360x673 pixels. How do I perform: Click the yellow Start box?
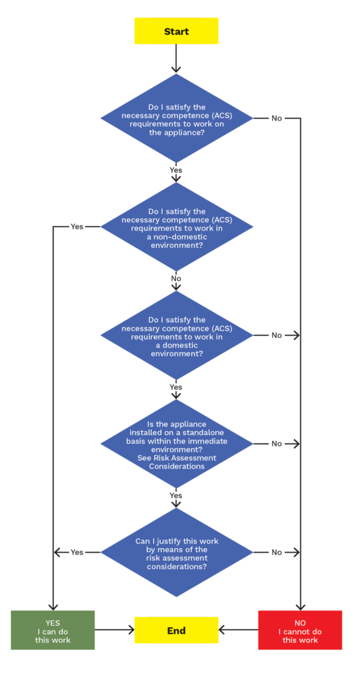tap(176, 32)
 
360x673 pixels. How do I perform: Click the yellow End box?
tap(176, 630)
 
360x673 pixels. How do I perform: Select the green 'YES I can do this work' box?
tap(53, 630)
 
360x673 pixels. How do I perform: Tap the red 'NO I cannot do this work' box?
tap(300, 630)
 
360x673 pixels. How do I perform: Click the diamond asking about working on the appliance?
tap(176, 118)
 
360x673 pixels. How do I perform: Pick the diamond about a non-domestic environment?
tap(176, 227)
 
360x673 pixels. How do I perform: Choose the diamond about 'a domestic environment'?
tap(176, 335)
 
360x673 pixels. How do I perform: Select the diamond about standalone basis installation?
tap(176, 444)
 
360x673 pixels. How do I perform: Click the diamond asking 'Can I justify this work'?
tap(176, 552)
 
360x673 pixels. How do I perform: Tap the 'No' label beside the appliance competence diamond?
tap(277, 118)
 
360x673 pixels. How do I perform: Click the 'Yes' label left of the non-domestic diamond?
tap(77, 227)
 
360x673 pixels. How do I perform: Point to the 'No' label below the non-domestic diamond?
tap(176, 279)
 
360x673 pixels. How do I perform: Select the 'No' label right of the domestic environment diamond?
tap(277, 335)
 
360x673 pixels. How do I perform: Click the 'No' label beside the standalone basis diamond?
tap(277, 444)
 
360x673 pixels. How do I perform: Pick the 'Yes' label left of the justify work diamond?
tap(77, 552)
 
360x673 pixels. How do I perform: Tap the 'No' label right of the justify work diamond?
tap(277, 552)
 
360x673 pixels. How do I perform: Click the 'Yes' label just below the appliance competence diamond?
tap(176, 170)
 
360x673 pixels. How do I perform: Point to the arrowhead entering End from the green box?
tap(131, 630)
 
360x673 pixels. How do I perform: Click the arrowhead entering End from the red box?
tap(222, 630)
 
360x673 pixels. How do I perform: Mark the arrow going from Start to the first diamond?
tap(176, 58)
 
